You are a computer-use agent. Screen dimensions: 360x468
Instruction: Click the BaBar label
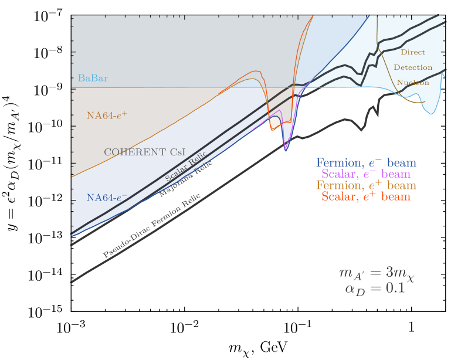click(x=93, y=78)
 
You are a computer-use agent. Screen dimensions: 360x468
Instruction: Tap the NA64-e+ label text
click(x=106, y=116)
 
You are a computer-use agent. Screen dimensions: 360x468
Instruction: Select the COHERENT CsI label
click(x=144, y=152)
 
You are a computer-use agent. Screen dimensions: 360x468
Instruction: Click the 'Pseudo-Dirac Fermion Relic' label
click(x=152, y=226)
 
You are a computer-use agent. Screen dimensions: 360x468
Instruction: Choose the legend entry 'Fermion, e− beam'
click(x=366, y=163)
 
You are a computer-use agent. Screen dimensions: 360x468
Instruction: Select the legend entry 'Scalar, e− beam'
click(x=366, y=174)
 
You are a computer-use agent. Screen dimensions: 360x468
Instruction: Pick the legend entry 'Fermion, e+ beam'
click(x=366, y=185)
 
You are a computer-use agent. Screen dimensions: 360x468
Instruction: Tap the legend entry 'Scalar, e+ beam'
click(x=366, y=197)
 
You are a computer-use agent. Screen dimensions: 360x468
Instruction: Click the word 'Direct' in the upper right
click(x=413, y=52)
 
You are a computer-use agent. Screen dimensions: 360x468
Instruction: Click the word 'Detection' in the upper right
click(x=413, y=67)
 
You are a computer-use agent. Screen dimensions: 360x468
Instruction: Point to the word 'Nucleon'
click(x=413, y=83)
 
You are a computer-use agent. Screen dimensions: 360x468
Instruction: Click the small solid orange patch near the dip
click(x=274, y=123)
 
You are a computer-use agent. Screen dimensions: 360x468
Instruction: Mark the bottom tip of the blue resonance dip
click(x=286, y=151)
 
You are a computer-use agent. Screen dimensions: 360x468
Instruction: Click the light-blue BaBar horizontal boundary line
click(x=176, y=87)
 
